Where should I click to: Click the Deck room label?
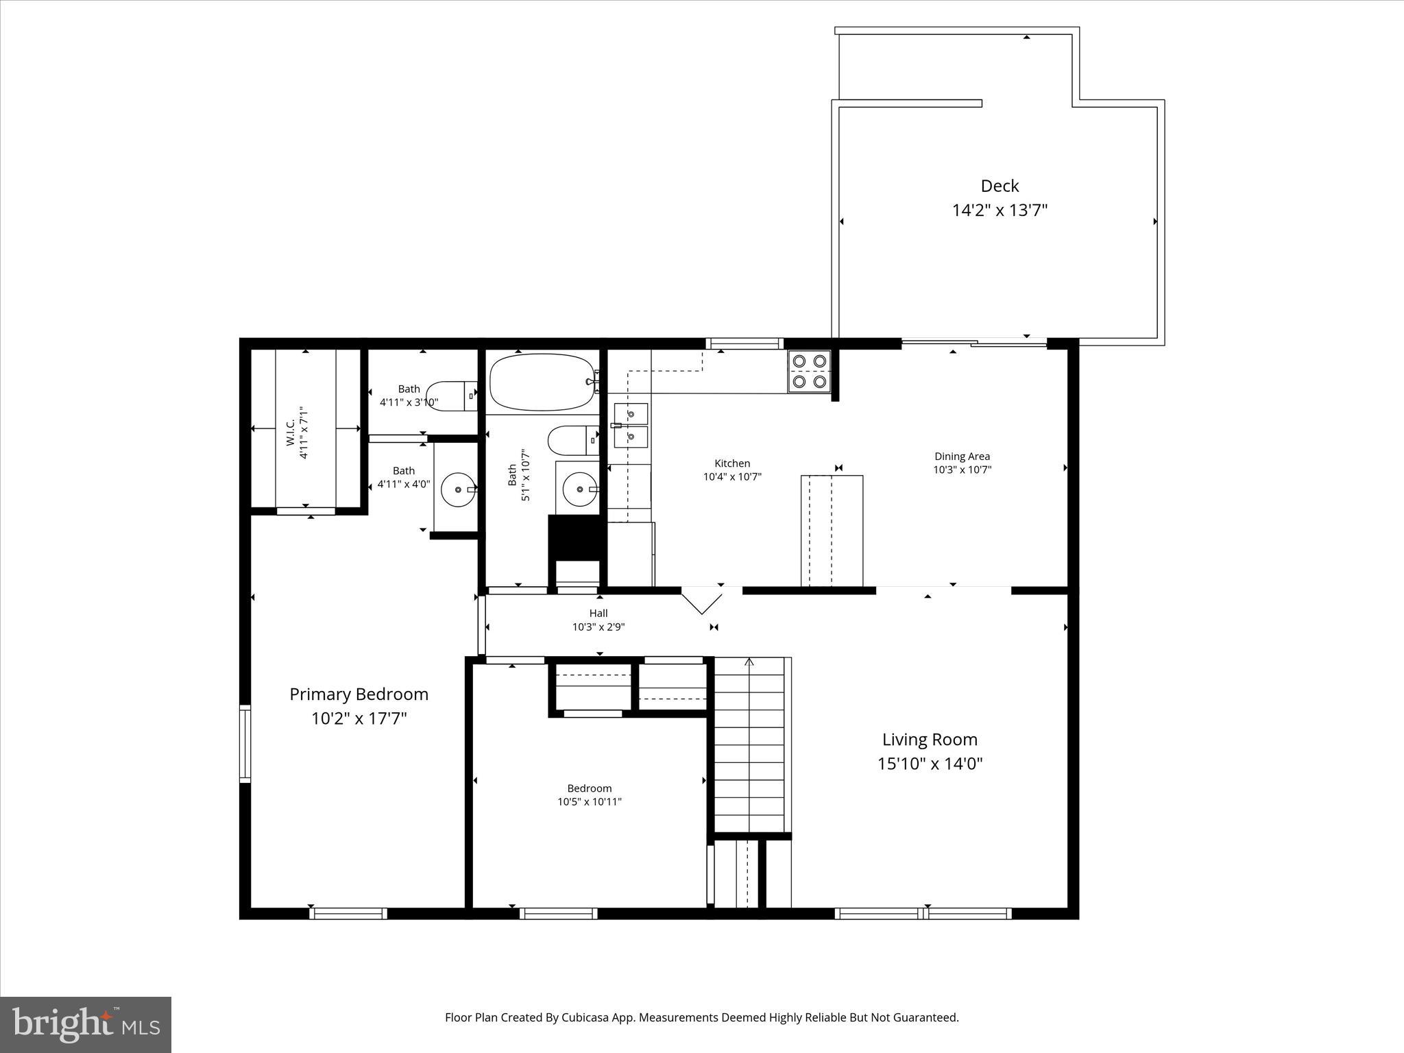click(1000, 186)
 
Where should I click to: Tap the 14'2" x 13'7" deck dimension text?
click(1000, 210)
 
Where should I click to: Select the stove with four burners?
click(809, 371)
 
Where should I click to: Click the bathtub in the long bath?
click(542, 382)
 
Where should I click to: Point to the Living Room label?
click(930, 739)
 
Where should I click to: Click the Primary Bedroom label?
click(359, 694)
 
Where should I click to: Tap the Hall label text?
click(598, 613)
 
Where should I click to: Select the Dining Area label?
click(962, 456)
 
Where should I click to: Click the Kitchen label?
click(732, 463)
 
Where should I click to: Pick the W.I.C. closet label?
click(290, 433)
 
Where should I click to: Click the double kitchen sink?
click(631, 425)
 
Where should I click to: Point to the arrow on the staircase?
click(749, 662)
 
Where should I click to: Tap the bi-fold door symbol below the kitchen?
click(701, 601)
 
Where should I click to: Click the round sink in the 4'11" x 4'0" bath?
click(457, 489)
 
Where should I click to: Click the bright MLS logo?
click(86, 1024)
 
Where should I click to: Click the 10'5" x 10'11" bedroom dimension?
click(589, 801)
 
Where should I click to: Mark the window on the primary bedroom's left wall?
click(245, 743)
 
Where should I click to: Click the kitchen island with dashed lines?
click(832, 530)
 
